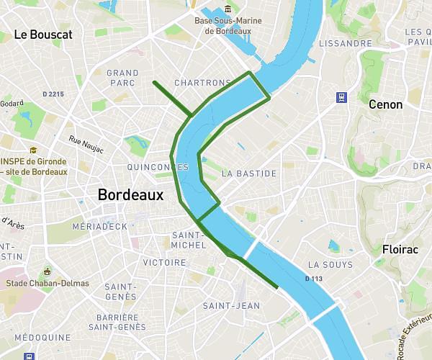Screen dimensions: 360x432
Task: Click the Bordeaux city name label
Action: pos(130,194)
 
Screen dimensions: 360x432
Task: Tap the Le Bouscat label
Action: pos(43,35)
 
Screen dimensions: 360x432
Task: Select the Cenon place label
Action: pos(385,104)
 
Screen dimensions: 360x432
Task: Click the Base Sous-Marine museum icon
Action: pos(228,9)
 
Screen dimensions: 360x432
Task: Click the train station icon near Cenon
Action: pos(341,98)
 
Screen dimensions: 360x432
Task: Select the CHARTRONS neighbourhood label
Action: pos(202,83)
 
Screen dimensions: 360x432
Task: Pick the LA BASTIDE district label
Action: pos(248,174)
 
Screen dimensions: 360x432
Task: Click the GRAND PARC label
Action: pos(122,78)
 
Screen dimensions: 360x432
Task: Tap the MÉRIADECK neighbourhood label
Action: pos(100,226)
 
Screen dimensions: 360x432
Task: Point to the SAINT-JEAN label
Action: pos(231,306)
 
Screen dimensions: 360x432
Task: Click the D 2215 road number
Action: pos(53,94)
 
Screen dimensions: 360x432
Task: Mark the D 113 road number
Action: pos(314,279)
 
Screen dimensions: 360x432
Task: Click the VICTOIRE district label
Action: pos(165,263)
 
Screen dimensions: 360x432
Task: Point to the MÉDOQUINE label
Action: pos(42,337)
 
